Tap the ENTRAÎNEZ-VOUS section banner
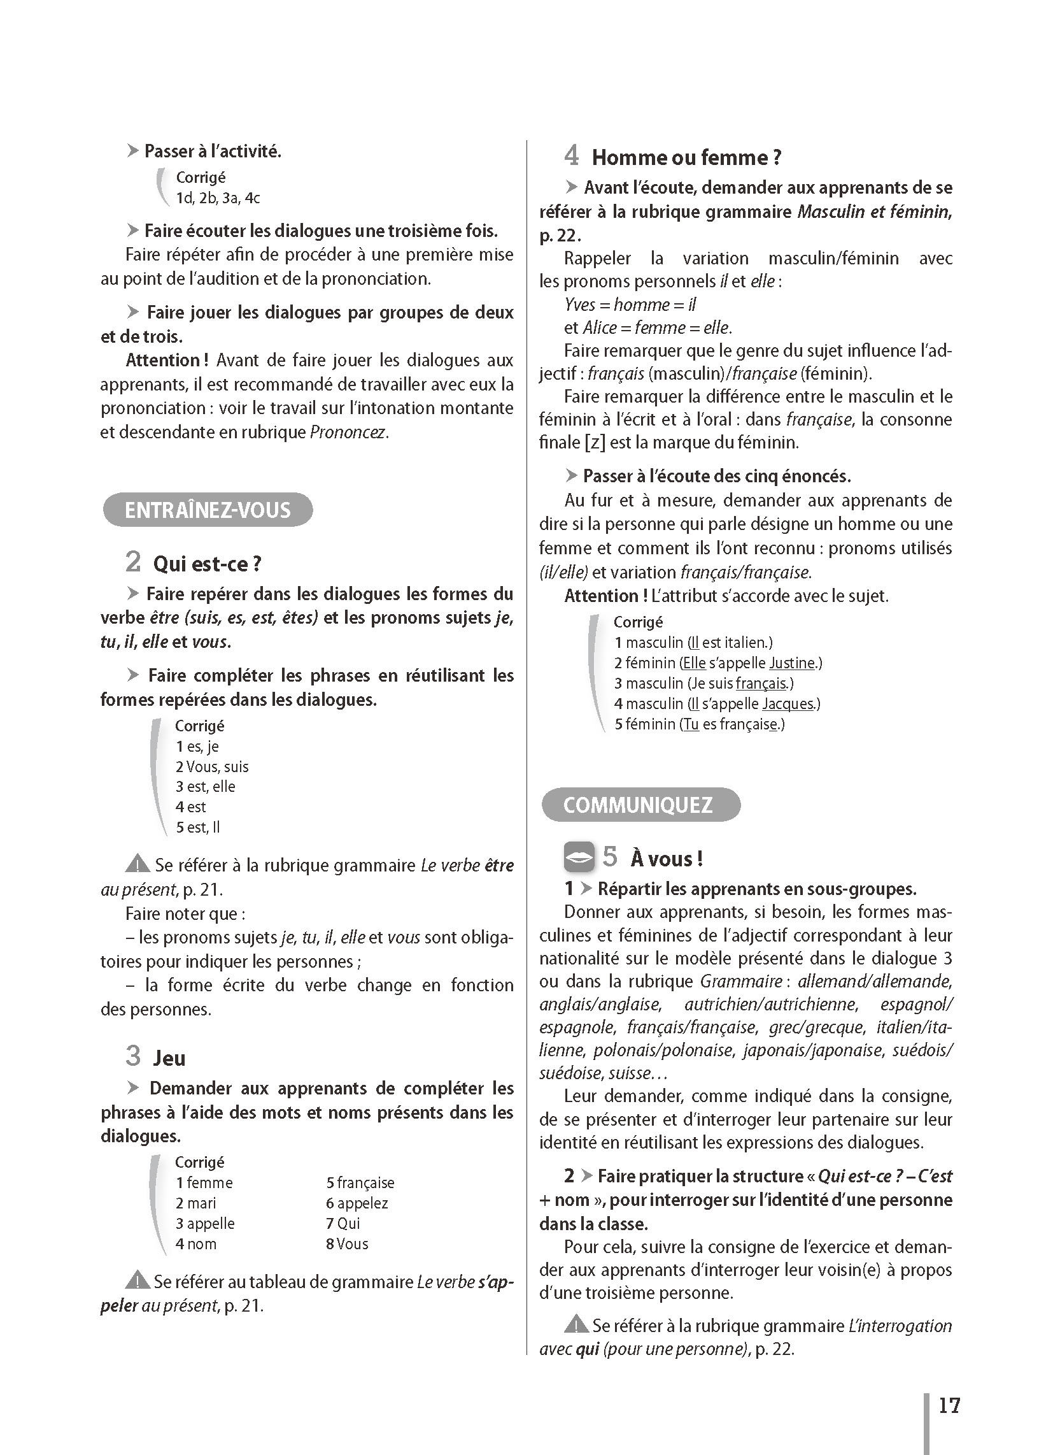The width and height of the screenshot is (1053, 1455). click(x=207, y=510)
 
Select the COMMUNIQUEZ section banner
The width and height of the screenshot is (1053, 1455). click(x=640, y=805)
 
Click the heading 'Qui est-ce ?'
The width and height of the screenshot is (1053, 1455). click(x=206, y=564)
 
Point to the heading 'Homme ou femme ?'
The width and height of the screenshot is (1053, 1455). click(x=686, y=158)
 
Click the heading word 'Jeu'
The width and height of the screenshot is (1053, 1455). click(x=169, y=1059)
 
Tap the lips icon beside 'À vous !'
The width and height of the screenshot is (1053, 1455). click(x=579, y=857)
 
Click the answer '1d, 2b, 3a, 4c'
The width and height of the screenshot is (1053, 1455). click(x=218, y=198)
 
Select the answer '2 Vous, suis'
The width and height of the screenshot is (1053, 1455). click(x=211, y=766)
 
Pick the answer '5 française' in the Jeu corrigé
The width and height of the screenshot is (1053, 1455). click(x=360, y=1183)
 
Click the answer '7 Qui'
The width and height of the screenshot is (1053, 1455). click(x=343, y=1223)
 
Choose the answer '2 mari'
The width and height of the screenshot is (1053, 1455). click(x=195, y=1203)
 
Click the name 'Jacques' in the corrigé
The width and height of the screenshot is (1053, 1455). click(x=787, y=704)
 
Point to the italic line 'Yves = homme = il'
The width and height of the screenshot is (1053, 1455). click(x=630, y=304)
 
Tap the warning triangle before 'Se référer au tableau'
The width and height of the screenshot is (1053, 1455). click(x=138, y=1281)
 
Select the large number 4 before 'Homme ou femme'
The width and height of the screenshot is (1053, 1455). click(x=572, y=156)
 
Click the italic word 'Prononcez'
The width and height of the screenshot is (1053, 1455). click(x=348, y=433)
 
